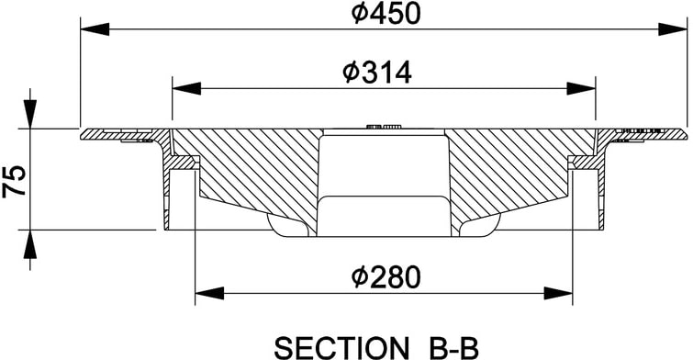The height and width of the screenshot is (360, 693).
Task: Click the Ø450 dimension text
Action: pos(386,14)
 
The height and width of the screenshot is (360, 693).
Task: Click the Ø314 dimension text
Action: pos(377,73)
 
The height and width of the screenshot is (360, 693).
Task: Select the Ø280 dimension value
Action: pos(386,277)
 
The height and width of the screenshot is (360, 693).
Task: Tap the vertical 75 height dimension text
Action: pos(14,180)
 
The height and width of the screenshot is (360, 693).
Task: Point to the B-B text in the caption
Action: pos(453,348)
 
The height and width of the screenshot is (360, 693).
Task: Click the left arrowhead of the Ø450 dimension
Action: pos(95,29)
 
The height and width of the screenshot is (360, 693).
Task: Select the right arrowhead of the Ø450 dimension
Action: pos(673,29)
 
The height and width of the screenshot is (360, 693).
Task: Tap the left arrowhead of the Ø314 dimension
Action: pos(186,88)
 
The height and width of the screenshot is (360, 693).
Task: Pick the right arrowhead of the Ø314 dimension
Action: pos(581,88)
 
